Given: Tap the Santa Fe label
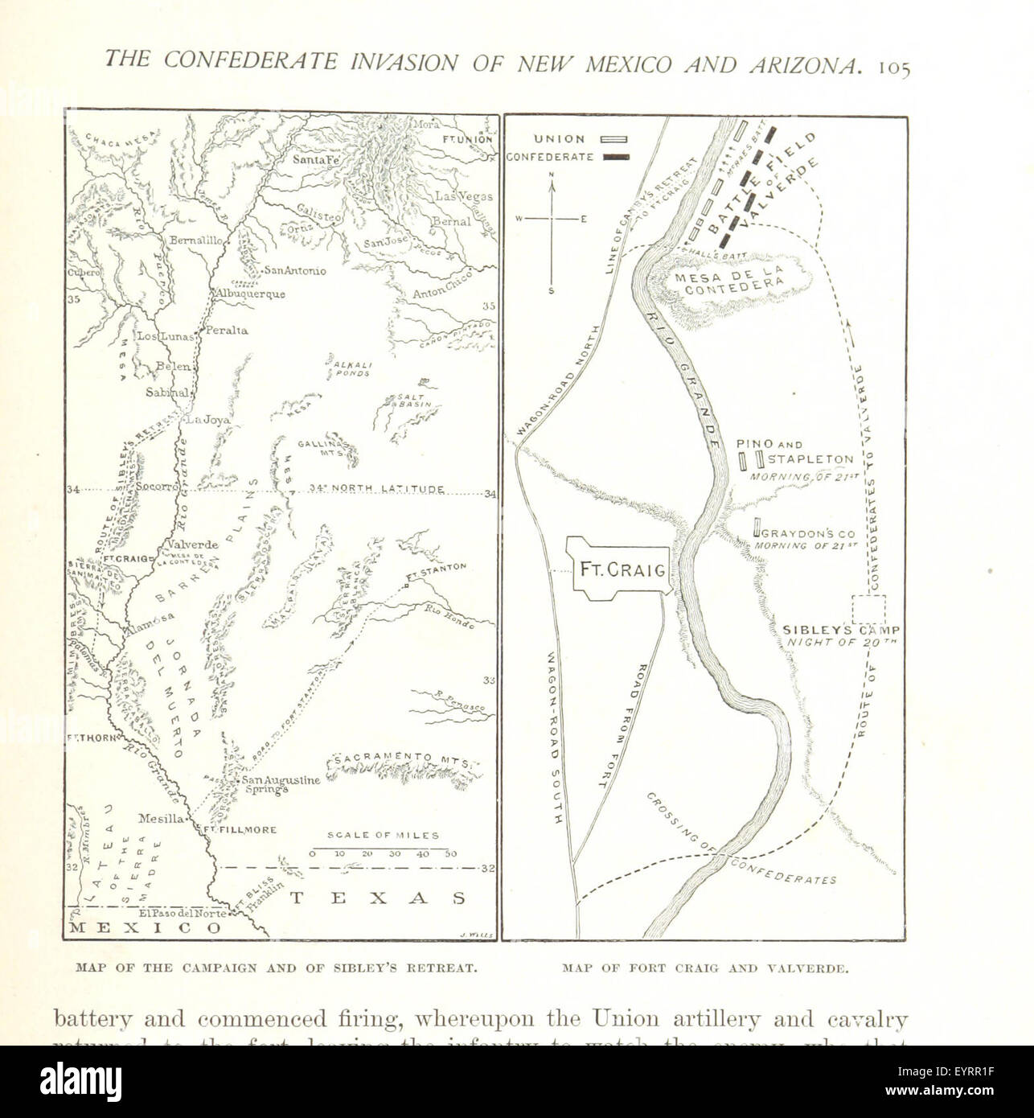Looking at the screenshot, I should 301,160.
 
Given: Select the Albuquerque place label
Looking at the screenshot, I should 249,294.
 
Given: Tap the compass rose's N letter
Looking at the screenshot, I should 552,174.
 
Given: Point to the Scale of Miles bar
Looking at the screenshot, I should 382,848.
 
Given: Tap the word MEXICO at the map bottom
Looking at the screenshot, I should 145,927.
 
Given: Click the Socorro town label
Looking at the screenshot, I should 155,488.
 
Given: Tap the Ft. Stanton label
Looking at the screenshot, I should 437,572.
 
